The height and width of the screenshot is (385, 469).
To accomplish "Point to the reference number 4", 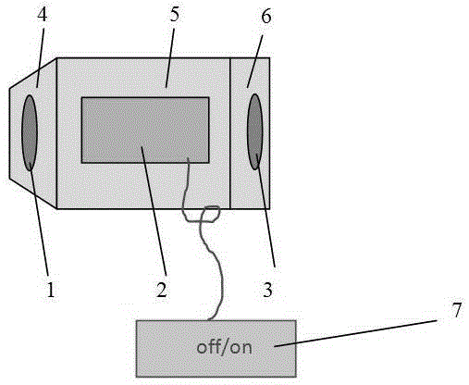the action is click(43, 14).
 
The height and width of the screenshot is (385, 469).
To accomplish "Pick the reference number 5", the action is click(174, 14).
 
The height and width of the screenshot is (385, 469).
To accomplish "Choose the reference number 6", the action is click(266, 16).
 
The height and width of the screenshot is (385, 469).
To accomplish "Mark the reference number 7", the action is click(456, 309).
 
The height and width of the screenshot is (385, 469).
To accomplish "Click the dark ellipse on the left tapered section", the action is click(30, 132).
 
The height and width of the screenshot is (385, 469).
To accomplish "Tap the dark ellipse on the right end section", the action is click(255, 131).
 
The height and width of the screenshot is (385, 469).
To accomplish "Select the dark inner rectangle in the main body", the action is click(145, 130).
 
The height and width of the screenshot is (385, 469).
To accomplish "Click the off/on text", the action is click(224, 347).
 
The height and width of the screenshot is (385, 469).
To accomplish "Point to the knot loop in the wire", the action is click(210, 215).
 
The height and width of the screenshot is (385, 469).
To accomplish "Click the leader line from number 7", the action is click(355, 333).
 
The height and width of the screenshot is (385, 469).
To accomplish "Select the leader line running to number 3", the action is click(265, 211).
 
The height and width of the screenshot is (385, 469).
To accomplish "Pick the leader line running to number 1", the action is click(39, 218).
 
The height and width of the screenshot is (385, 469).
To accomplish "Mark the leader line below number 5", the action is click(170, 58).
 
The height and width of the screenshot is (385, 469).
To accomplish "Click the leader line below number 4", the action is click(40, 57).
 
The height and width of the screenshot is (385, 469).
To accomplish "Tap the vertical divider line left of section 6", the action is click(230, 133).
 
